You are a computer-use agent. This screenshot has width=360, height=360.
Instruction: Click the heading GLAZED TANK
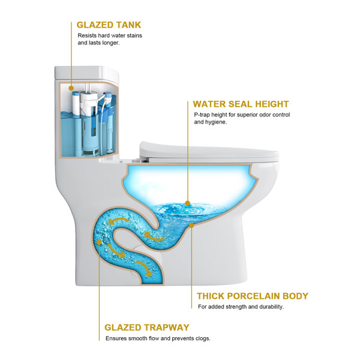109,25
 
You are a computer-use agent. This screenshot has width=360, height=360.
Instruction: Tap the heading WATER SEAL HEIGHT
241,104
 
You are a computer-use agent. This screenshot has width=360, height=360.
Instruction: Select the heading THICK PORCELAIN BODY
253,296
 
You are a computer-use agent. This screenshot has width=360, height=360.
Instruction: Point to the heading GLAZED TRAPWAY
147,328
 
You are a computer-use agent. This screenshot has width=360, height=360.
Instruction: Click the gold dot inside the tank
71,88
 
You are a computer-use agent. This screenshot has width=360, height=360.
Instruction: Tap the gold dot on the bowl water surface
188,203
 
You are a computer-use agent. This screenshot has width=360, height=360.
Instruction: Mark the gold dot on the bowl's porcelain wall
191,226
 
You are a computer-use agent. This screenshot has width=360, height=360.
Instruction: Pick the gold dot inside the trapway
99,242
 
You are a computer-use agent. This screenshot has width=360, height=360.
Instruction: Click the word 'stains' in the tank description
134,35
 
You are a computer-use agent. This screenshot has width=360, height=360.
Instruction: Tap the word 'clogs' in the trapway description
203,338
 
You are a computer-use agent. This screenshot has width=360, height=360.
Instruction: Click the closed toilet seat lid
209,152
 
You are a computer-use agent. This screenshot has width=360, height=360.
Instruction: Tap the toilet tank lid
87,73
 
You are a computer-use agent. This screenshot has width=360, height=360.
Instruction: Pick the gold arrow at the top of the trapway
118,221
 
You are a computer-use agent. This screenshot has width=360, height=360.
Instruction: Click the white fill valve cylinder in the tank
76,103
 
